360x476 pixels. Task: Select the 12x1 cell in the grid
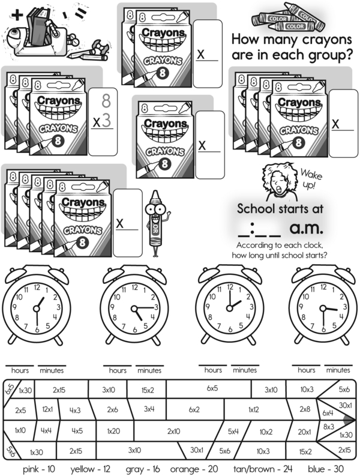[47, 410]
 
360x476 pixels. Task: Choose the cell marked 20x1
[305, 430]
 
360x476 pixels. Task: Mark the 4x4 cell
[47, 430]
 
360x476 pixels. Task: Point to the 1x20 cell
[113, 430]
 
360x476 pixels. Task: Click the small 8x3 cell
[328, 427]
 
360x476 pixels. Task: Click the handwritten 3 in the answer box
[106, 120]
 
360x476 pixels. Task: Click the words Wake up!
[310, 178]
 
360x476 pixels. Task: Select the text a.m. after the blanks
[306, 228]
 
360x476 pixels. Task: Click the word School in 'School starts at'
[254, 209]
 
